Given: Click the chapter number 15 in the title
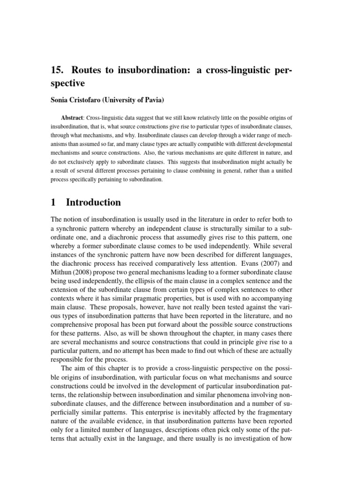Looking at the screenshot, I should point(56,70).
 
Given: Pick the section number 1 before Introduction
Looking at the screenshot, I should point(52,202).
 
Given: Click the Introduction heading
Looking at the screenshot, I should point(93,202).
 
